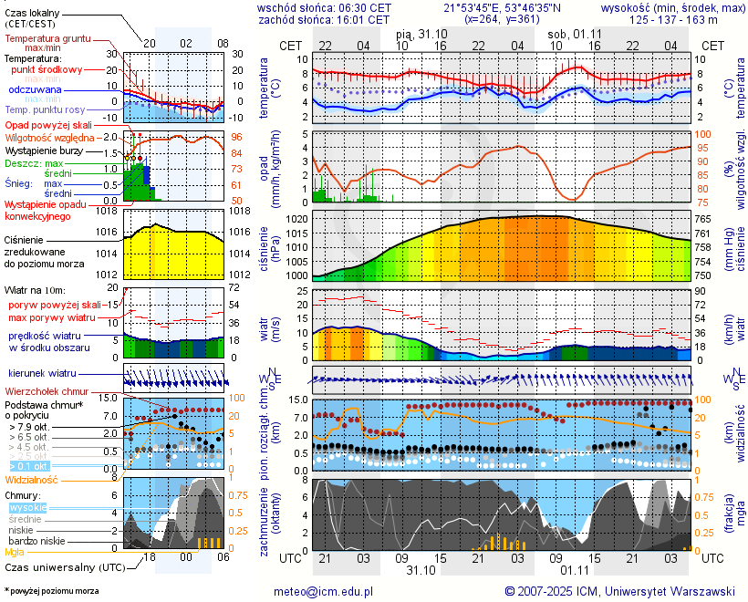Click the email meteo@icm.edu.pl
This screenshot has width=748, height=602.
(324, 591)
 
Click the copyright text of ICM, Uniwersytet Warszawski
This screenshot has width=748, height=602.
(620, 591)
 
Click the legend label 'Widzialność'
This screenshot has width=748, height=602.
(32, 479)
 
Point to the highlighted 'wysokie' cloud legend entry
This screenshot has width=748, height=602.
(27, 507)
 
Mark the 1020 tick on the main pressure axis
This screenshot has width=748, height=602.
(297, 220)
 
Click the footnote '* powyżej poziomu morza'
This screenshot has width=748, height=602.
(52, 591)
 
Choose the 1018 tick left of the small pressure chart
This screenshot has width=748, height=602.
(109, 212)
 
